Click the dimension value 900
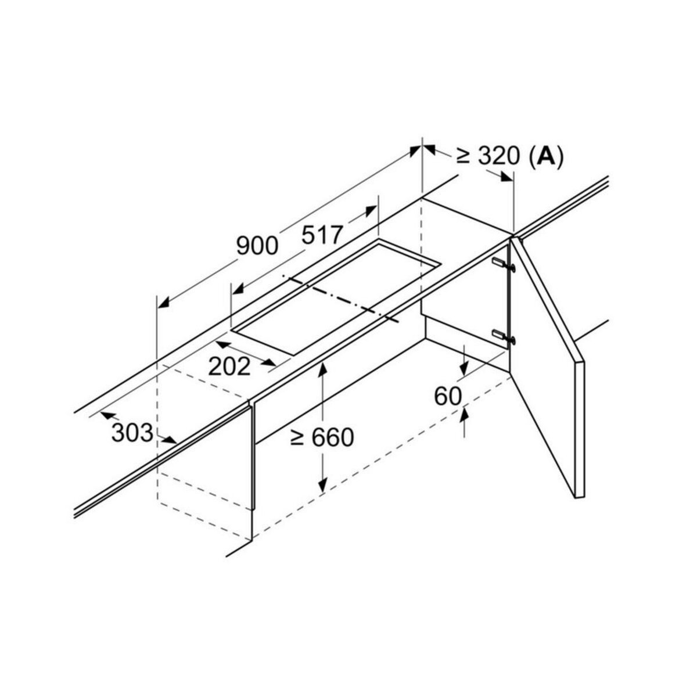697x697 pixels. coord(257,246)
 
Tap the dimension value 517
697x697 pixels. coord(322,235)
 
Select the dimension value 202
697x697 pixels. coord(229,367)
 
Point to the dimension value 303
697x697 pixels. coord(132,433)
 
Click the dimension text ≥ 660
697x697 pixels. coord(322,437)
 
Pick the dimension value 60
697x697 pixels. coord(448,396)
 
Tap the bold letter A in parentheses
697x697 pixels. coord(545,157)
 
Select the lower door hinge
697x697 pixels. coord(503,336)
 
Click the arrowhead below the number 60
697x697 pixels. coord(464,415)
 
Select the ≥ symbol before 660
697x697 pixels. coord(297,439)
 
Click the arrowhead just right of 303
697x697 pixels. coord(169,440)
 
